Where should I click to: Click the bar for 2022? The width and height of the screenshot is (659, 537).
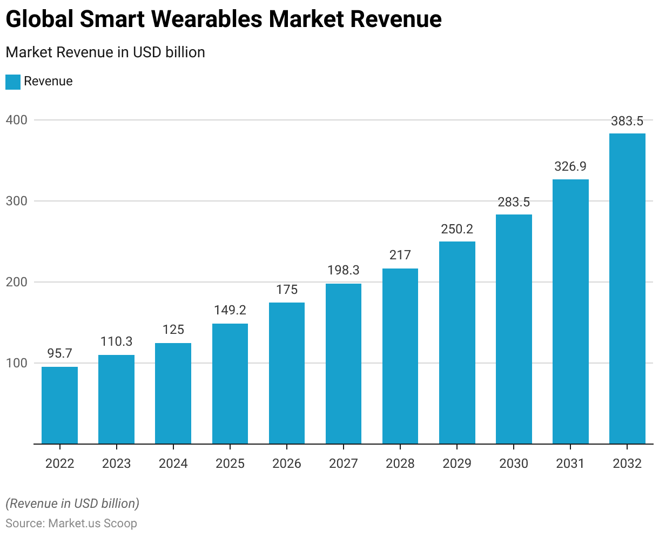click(59, 405)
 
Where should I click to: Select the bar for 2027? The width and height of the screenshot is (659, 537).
click(344, 364)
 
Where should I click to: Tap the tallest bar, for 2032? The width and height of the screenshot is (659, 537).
click(627, 288)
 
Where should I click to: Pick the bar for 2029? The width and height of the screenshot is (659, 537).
click(457, 343)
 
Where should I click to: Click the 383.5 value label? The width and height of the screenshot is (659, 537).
click(627, 121)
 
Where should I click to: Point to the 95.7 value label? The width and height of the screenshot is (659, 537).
click(59, 354)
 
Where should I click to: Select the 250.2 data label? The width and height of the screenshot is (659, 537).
click(457, 229)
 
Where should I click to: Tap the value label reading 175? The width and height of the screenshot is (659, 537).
click(287, 290)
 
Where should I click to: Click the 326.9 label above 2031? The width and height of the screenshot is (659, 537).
click(570, 166)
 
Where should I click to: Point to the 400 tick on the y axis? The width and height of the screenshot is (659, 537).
click(16, 120)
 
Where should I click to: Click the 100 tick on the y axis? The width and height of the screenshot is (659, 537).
click(16, 363)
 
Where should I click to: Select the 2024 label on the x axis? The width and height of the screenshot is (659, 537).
click(173, 464)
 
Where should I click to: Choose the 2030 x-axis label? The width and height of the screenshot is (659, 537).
click(514, 464)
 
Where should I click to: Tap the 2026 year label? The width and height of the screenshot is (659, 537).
click(287, 464)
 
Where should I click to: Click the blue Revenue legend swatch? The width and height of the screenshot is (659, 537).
click(13, 82)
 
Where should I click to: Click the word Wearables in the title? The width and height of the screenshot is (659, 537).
click(207, 19)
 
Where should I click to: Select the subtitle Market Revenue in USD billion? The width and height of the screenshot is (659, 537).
click(105, 52)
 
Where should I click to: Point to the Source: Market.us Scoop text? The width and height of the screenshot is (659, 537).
click(71, 523)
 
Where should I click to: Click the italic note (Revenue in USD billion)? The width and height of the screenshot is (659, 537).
click(72, 504)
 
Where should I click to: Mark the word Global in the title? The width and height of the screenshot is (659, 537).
click(39, 19)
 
